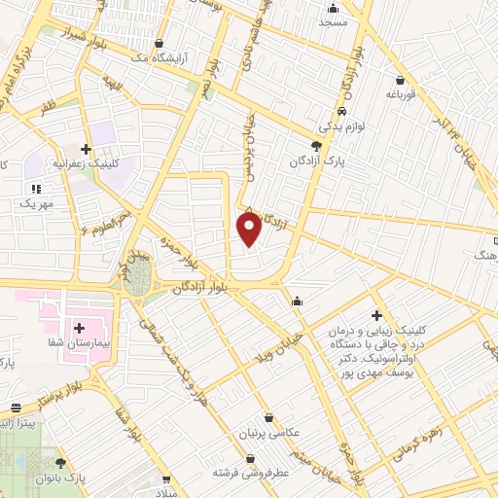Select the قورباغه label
(x=400, y=94)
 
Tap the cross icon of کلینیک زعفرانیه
(x=87, y=149)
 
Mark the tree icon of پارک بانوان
(x=62, y=464)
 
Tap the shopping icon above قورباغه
(x=400, y=80)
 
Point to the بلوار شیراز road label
(x=57, y=40)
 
